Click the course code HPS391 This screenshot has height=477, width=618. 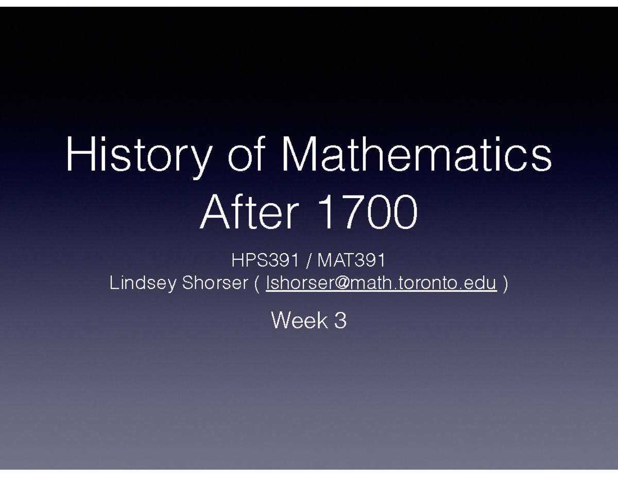pyautogui.click(x=265, y=261)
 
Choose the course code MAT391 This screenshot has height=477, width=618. pyautogui.click(x=351, y=261)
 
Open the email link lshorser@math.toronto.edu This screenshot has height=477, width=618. pyautogui.click(x=381, y=283)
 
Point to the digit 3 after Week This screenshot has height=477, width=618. pyautogui.click(x=340, y=321)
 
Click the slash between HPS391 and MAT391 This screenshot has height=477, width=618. pyautogui.click(x=308, y=261)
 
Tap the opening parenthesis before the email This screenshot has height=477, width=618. pyautogui.click(x=256, y=284)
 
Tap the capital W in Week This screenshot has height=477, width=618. pyautogui.click(x=282, y=321)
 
